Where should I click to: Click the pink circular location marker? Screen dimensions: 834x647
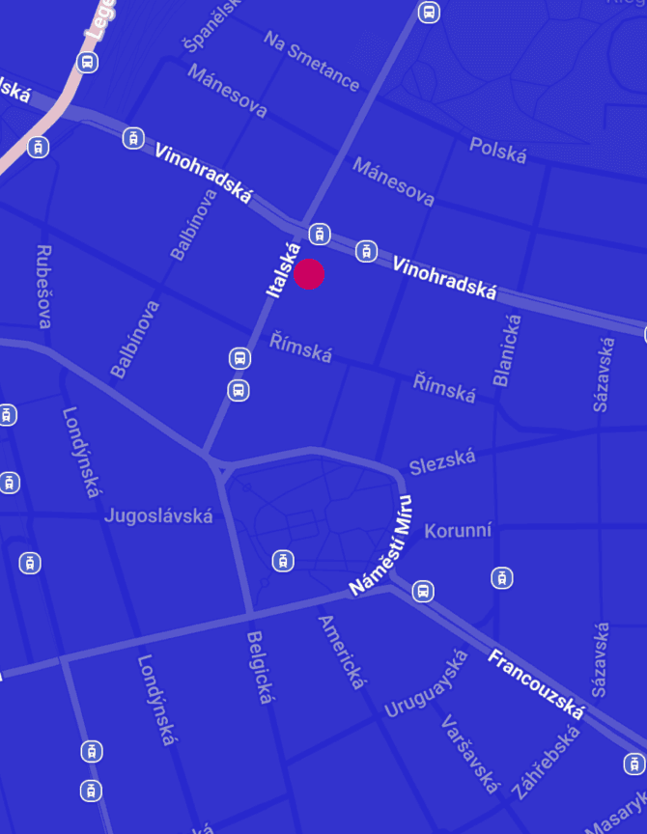[x=309, y=274]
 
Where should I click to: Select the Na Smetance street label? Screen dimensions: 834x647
[x=312, y=60]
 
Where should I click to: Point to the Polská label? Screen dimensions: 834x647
[x=498, y=150]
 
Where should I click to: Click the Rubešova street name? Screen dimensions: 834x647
[x=44, y=286]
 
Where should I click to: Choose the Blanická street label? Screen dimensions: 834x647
[x=508, y=350]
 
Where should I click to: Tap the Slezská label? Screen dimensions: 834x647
[x=442, y=462]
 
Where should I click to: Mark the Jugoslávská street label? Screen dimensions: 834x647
[x=158, y=515]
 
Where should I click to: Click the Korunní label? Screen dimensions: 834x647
[x=459, y=531]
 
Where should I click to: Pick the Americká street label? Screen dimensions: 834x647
[x=343, y=653]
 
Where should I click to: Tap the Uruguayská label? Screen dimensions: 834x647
[x=426, y=684]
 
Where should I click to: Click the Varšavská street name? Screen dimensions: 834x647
[x=470, y=752]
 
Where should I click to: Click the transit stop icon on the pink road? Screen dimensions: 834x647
[x=88, y=63]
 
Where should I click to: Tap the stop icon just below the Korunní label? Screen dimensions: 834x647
[x=501, y=578]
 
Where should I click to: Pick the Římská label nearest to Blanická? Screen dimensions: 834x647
[x=444, y=387]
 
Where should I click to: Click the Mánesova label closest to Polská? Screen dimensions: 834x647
[x=393, y=181]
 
